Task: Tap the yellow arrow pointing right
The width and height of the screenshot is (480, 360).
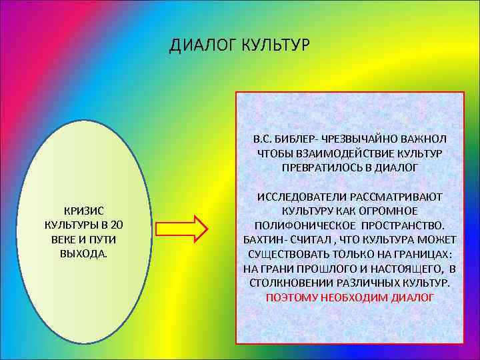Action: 193,229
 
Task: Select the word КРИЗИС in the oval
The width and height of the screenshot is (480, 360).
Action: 83,210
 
